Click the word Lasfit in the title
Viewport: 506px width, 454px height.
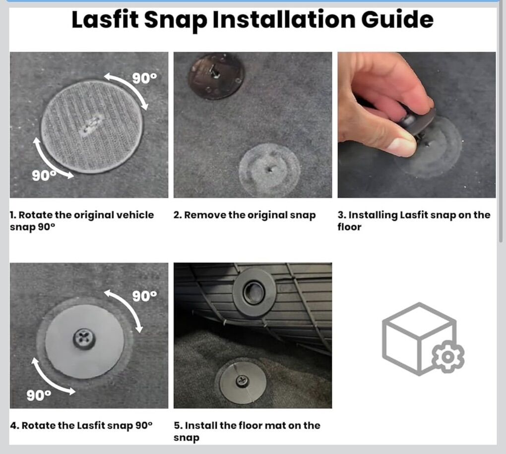105,20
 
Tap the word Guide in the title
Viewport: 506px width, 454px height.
397,20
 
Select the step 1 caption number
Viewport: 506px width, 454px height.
12,215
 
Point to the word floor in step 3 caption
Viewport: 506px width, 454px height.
349,227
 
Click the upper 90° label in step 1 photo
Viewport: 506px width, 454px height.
144,78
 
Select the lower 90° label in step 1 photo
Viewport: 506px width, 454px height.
44,176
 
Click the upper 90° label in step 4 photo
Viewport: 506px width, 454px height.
144,296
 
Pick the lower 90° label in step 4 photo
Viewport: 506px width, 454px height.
39,395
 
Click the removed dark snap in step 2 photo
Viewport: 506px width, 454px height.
216,76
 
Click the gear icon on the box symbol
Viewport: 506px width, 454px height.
448,356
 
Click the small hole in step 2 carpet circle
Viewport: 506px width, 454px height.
270,168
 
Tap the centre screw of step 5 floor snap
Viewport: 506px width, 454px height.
242,381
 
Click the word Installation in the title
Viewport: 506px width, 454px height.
284,20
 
